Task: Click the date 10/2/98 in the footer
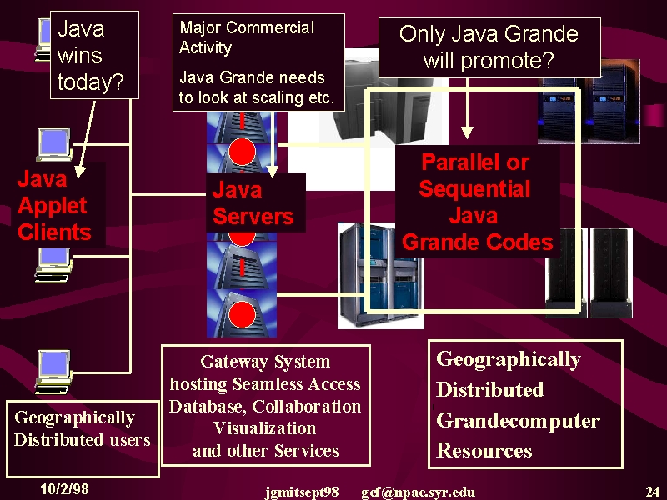(x=65, y=488)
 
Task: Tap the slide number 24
(x=652, y=492)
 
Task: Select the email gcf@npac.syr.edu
(x=419, y=492)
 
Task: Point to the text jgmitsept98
(x=302, y=492)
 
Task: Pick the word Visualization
(x=264, y=427)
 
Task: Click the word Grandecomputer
(x=518, y=421)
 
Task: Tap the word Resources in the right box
(x=484, y=450)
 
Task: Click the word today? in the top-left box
(x=91, y=82)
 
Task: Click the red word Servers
(x=253, y=216)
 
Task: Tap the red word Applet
(x=53, y=206)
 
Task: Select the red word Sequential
(x=474, y=189)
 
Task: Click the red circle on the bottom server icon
(x=242, y=315)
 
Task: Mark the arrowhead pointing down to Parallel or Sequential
(x=467, y=132)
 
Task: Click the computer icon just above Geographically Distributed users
(x=53, y=372)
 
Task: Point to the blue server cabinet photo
(x=381, y=276)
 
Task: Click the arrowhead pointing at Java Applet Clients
(x=80, y=172)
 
